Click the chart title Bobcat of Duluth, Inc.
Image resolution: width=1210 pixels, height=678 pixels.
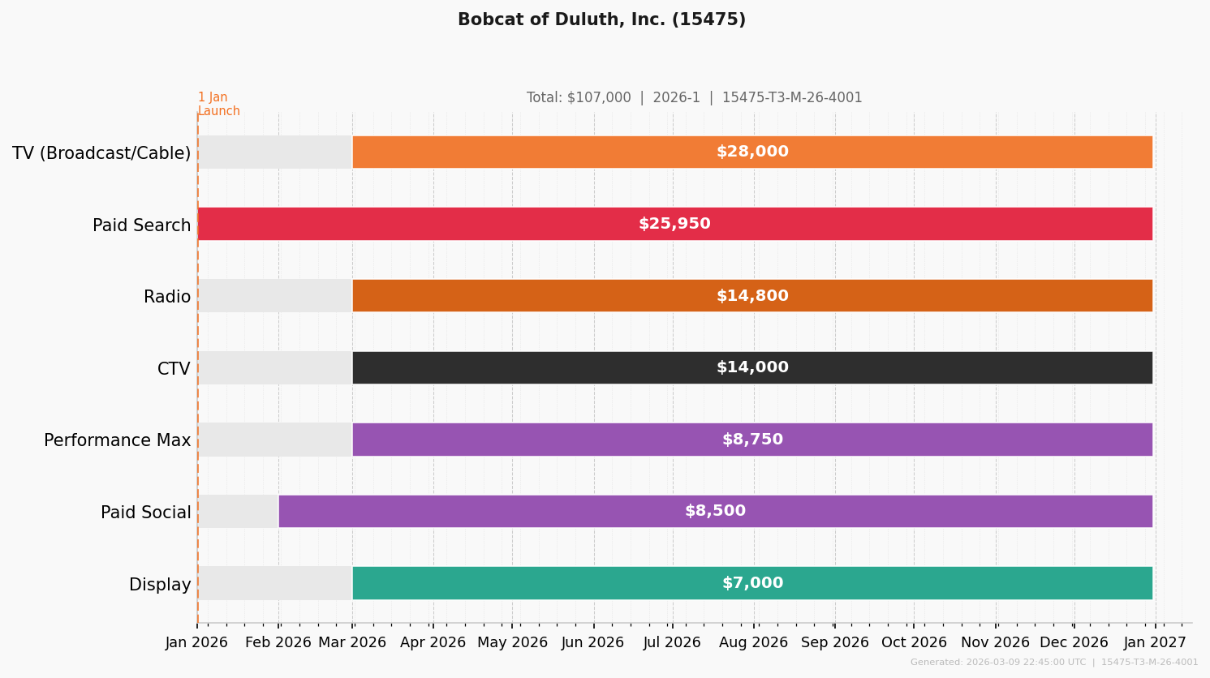pos(601,20)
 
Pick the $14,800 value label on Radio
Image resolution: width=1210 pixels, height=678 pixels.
pos(752,296)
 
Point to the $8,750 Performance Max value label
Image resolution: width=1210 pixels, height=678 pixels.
pos(752,440)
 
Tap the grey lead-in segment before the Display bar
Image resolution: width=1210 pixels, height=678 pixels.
pos(275,583)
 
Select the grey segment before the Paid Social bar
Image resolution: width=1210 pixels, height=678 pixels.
pos(239,512)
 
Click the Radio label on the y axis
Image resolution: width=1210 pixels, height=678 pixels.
pos(167,297)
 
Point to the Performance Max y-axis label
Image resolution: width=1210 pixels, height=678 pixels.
pos(118,440)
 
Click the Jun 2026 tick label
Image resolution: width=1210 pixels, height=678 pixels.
pos(593,642)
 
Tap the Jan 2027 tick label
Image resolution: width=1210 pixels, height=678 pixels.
pos(1155,642)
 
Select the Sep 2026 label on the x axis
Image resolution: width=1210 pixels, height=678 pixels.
pos(834,642)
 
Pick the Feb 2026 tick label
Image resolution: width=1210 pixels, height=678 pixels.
pos(278,642)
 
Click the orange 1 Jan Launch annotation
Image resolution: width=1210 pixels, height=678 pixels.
pos(218,104)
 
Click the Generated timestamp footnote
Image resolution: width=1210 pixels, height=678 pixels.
pos(1053,663)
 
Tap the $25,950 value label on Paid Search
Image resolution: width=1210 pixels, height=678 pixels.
pos(674,224)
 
